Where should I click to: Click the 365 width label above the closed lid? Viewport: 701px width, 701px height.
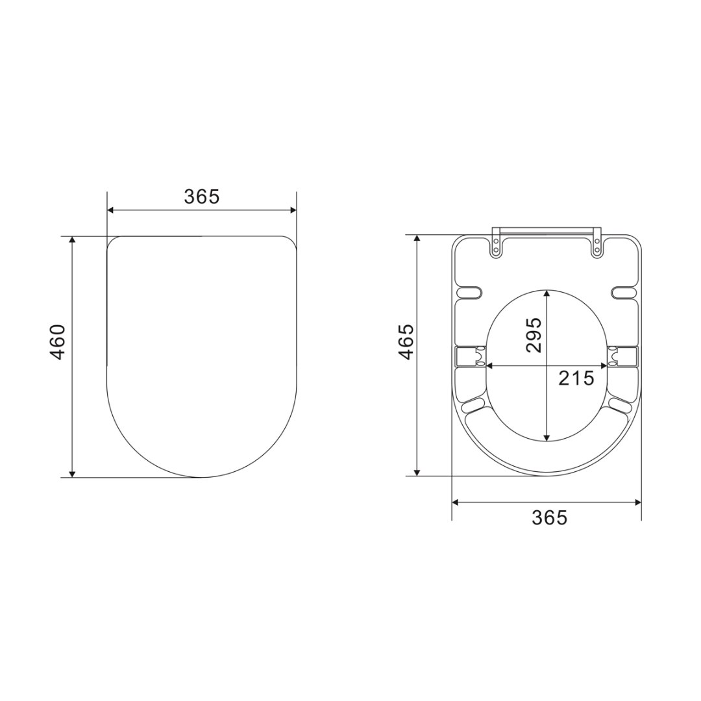tap(202, 197)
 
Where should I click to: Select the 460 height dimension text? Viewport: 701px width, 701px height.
tap(58, 342)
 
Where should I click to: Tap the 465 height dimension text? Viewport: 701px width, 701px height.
tap(406, 341)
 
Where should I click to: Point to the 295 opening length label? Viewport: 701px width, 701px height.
tap(534, 335)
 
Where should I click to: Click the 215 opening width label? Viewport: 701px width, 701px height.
tap(576, 378)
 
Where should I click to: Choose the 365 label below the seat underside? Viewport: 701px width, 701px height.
tap(549, 517)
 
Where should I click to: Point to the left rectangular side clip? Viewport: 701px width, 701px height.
tap(469, 356)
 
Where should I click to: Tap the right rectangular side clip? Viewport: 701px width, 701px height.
tap(624, 356)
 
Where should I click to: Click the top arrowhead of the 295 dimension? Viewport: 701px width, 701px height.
tap(547, 294)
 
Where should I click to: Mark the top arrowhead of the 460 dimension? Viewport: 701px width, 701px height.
tap(72, 241)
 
